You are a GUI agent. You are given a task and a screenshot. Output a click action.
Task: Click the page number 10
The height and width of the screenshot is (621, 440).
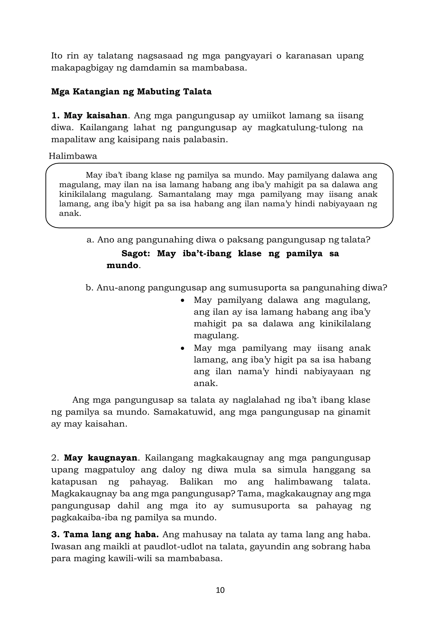(x=220, y=590)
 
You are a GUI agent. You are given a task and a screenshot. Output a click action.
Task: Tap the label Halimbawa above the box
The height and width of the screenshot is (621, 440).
(x=73, y=156)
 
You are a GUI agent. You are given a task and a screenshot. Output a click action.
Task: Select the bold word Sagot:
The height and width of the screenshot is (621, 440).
(x=136, y=253)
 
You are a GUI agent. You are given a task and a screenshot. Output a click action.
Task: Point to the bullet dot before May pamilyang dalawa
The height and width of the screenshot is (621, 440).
(x=183, y=300)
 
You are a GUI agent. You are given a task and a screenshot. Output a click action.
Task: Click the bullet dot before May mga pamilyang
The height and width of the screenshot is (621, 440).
(x=183, y=348)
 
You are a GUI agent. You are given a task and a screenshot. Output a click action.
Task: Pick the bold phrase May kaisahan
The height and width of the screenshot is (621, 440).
(x=95, y=116)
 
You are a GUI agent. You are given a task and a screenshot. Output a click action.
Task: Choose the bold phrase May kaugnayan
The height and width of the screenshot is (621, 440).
(x=101, y=458)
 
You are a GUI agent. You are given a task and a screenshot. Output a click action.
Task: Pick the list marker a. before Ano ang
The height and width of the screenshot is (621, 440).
(x=90, y=240)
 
